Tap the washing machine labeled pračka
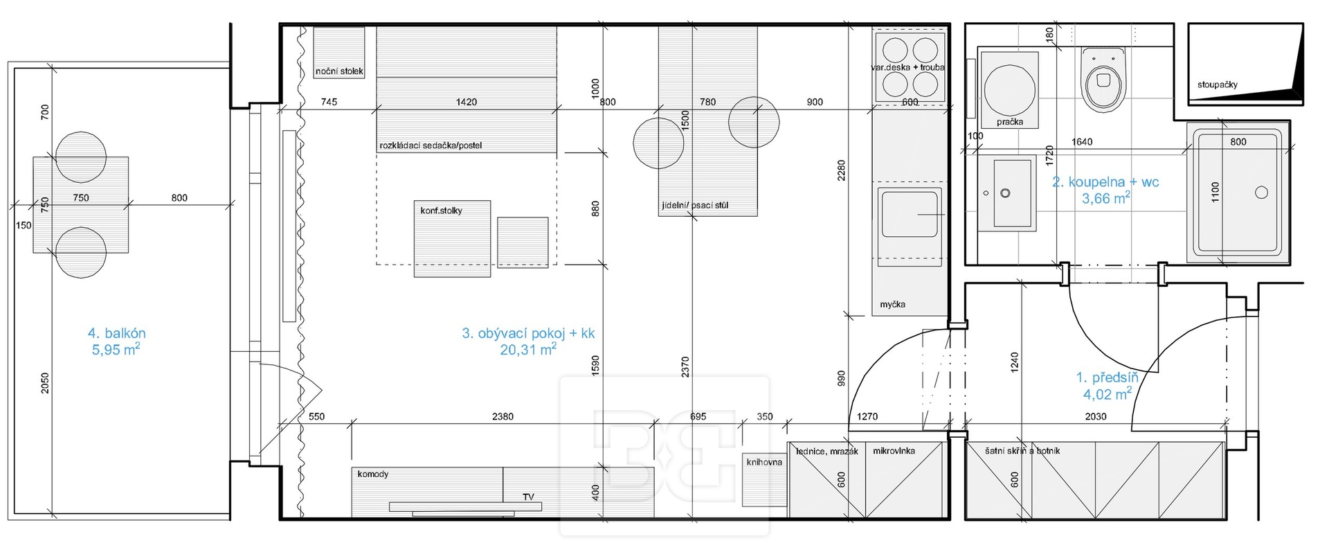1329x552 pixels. tap(1010, 89)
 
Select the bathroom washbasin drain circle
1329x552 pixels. tap(1005, 193)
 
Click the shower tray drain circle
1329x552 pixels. tap(1261, 193)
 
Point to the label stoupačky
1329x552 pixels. tap(1218, 84)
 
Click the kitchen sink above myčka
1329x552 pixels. tap(910, 213)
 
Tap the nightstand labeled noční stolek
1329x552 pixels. tap(338, 53)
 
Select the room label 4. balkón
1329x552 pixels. tap(116, 333)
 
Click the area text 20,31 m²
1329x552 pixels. tap(528, 350)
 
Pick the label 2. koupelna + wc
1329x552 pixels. tap(1105, 182)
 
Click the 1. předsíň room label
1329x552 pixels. tap(1107, 377)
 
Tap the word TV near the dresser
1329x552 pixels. tap(528, 497)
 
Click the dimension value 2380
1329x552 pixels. tap(503, 416)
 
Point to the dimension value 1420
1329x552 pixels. tap(467, 102)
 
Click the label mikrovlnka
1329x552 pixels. tap(894, 451)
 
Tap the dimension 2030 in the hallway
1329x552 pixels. tap(1096, 416)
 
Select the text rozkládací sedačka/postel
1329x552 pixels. tap(431, 145)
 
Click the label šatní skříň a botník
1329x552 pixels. tap(1022, 451)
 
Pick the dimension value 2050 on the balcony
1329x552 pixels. tap(45, 383)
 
